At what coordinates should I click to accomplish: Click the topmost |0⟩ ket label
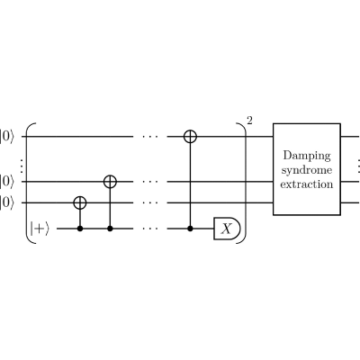(6, 137)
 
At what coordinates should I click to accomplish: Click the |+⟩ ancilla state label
(39, 229)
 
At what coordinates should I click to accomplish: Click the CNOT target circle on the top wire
(190, 137)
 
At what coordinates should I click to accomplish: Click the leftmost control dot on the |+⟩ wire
(80, 229)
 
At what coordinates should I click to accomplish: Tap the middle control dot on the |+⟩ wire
(110, 229)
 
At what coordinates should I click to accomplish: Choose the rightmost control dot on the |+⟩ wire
(190, 229)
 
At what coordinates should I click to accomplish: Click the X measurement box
(227, 229)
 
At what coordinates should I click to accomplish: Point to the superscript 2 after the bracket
(249, 121)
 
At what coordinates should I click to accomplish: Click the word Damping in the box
(307, 156)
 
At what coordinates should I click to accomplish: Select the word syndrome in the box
(307, 171)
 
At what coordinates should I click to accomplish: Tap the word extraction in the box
(307, 184)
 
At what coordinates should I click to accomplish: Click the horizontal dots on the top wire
(150, 137)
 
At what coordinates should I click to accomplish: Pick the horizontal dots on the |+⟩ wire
(150, 229)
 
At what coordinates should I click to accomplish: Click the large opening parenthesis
(27, 183)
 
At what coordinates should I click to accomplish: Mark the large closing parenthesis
(245, 183)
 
